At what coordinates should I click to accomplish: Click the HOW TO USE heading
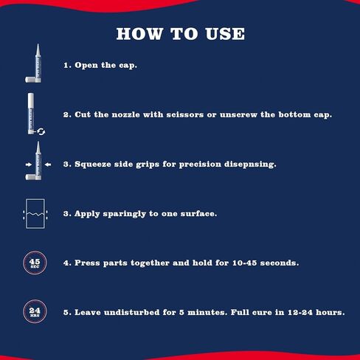pyautogui.click(x=180, y=35)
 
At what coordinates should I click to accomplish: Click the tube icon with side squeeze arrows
pyautogui.click(x=35, y=163)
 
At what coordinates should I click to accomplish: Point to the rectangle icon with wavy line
pyautogui.click(x=35, y=213)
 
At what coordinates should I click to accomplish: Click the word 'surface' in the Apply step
pyautogui.click(x=199, y=213)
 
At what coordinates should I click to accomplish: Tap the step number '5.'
pyautogui.click(x=67, y=312)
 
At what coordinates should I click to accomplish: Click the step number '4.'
pyautogui.click(x=67, y=263)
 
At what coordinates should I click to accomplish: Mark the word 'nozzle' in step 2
pyautogui.click(x=120, y=115)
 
